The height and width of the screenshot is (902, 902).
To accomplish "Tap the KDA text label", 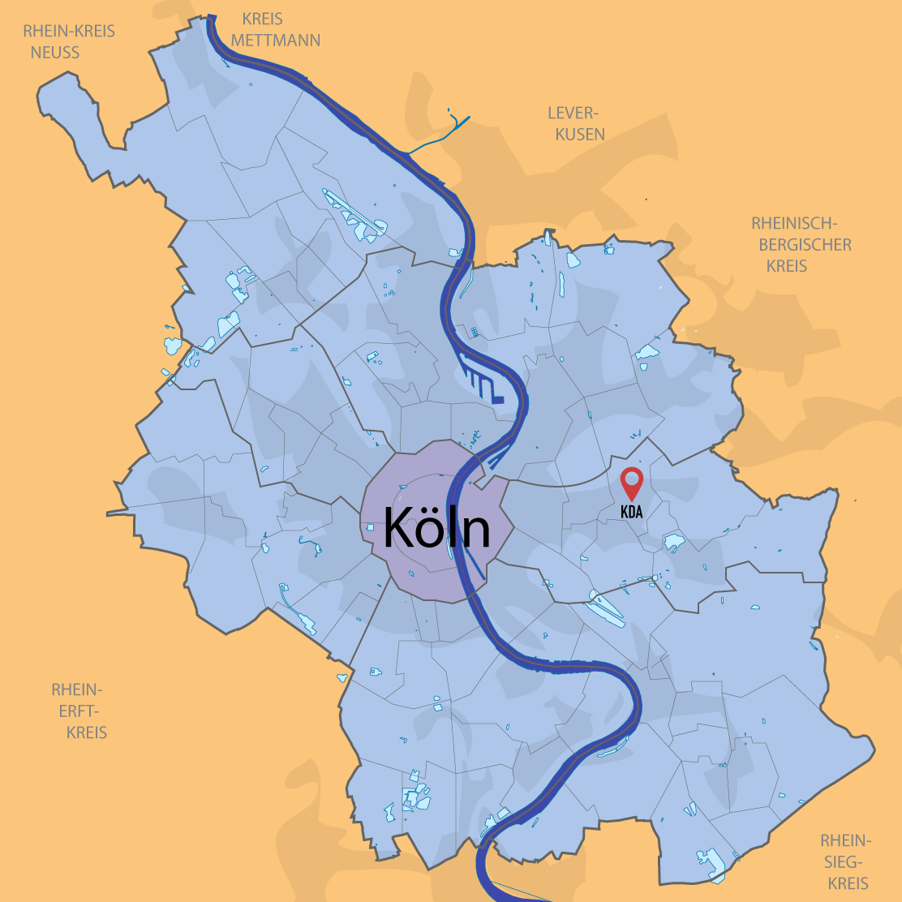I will click(631, 513).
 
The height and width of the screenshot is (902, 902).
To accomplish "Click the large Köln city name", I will click(436, 528).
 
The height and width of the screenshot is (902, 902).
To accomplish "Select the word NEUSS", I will click(55, 53).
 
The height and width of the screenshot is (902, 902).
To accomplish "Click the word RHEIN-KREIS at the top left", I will click(69, 32).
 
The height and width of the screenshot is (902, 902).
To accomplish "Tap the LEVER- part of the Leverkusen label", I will click(572, 113).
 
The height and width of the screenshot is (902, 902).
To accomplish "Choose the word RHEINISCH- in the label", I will click(792, 223).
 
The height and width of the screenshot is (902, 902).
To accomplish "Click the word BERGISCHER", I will click(800, 244).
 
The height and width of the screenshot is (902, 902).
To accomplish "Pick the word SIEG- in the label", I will click(845, 862).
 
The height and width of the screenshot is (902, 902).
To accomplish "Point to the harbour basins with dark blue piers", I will click(485, 386).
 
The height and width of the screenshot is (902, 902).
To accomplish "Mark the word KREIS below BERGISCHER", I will click(787, 265).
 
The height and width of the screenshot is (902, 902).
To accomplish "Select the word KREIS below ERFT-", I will click(87, 732).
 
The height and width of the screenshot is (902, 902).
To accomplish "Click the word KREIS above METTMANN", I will click(263, 19).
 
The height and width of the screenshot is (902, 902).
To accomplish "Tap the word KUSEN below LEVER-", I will click(581, 134).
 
